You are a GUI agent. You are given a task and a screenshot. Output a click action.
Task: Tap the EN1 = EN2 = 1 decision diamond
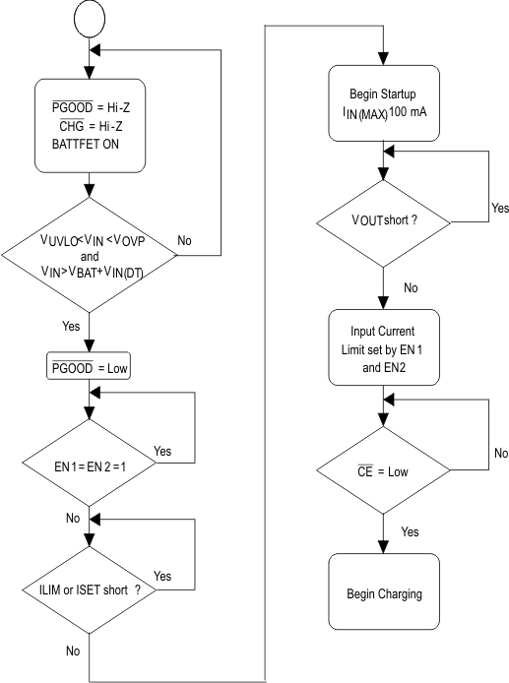coord(90,459)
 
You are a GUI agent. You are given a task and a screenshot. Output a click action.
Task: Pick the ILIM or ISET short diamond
coord(90,589)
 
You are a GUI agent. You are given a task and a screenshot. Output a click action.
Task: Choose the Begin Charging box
coord(384,595)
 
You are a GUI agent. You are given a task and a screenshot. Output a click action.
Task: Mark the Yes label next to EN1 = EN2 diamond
coord(163,451)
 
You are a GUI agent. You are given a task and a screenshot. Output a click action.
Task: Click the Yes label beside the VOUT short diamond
coord(474,210)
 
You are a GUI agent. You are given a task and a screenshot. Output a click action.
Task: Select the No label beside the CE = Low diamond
coord(474,455)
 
